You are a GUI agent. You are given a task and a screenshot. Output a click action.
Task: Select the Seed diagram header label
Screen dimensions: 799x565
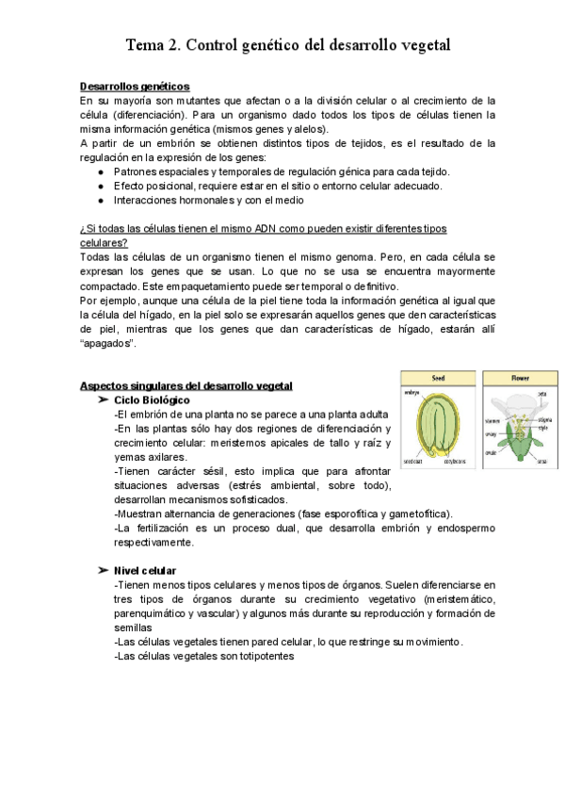(x=437, y=377)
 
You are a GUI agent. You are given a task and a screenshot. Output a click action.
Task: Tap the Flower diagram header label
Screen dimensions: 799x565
(x=519, y=377)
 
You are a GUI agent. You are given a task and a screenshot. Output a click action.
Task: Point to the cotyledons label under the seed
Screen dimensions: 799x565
(x=455, y=463)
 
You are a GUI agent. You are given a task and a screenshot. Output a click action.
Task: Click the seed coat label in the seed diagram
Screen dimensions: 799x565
(x=412, y=462)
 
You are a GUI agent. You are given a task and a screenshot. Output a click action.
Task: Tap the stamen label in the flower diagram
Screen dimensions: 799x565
(x=492, y=420)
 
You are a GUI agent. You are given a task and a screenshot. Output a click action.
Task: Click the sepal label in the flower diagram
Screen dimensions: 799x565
(x=541, y=462)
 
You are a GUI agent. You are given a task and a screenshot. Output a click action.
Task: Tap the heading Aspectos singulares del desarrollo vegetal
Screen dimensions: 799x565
(x=186, y=386)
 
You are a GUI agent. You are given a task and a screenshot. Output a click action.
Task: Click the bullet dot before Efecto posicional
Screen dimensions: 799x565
(x=101, y=186)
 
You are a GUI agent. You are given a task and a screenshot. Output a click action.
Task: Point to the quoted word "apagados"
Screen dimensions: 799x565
(x=107, y=344)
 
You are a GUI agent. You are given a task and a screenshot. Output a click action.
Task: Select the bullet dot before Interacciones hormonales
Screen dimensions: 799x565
(x=101, y=200)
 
